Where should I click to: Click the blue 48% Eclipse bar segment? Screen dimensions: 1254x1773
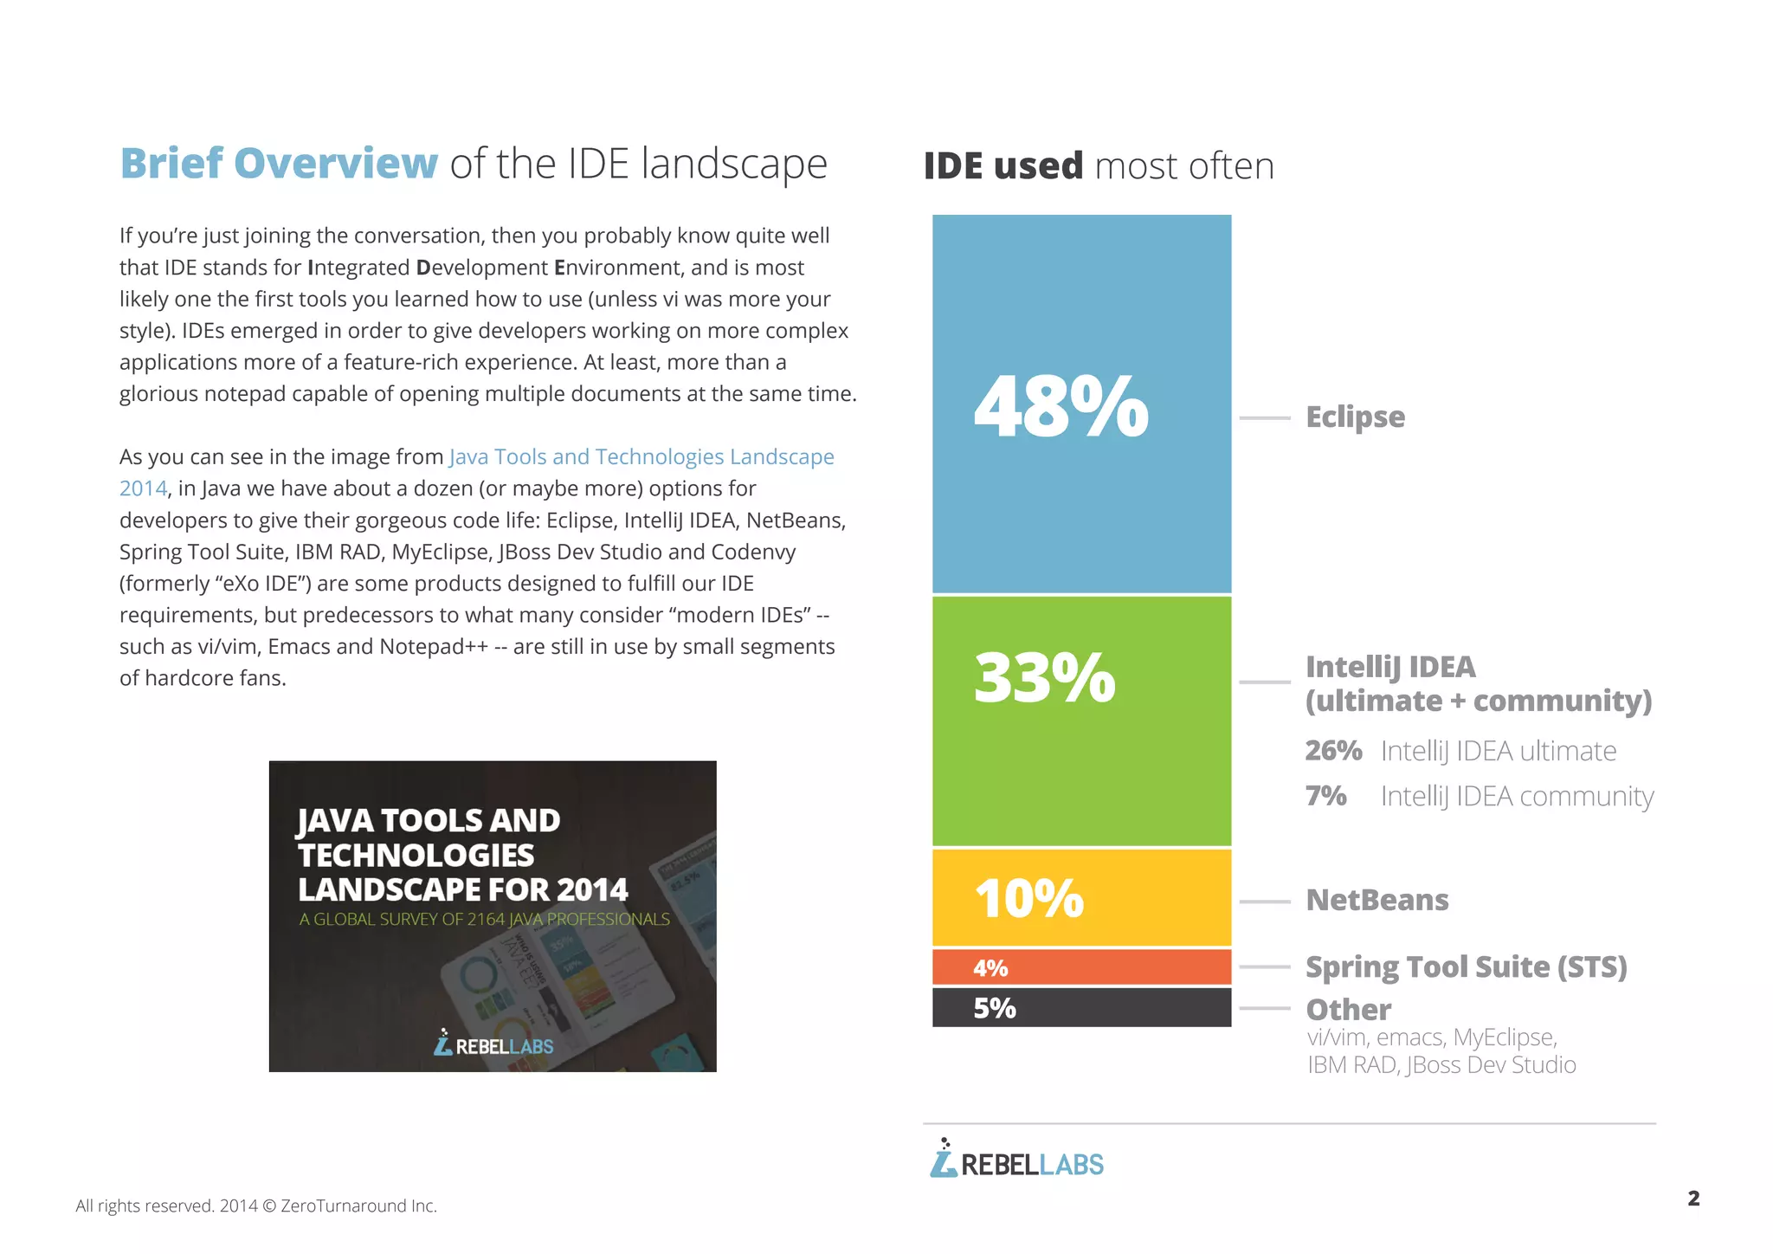pyautogui.click(x=1080, y=404)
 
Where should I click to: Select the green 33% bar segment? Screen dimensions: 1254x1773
pyautogui.click(x=1080, y=721)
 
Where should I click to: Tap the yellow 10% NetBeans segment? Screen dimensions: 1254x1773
pyautogui.click(x=1080, y=897)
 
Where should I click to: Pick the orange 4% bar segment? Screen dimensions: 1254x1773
pyautogui.click(x=1080, y=967)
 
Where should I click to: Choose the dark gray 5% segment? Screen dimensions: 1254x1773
pyautogui.click(x=1080, y=1007)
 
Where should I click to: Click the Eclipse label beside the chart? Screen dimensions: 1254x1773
pyautogui.click(x=1355, y=417)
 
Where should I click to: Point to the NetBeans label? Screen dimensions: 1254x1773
pyautogui.click(x=1376, y=900)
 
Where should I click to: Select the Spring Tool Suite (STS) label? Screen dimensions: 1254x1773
pyautogui.click(x=1466, y=966)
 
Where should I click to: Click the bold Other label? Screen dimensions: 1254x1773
pyautogui.click(x=1348, y=1010)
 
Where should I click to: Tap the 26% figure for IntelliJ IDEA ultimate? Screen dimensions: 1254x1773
pyautogui.click(x=1333, y=750)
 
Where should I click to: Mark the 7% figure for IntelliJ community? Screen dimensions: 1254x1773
pyautogui.click(x=1325, y=795)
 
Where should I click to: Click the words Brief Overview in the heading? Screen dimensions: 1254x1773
pyautogui.click(x=279, y=164)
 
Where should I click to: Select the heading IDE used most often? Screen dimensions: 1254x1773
pyautogui.click(x=1099, y=165)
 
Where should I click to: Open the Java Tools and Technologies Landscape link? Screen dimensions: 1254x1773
pyautogui.click(x=641, y=456)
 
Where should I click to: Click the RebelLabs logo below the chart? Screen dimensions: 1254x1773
pyautogui.click(x=1016, y=1160)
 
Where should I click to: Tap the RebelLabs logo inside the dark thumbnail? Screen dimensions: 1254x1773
pyautogui.click(x=493, y=1044)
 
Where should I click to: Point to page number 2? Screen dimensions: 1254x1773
pyautogui.click(x=1693, y=1199)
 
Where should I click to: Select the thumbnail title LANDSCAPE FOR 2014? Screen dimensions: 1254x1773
pyautogui.click(x=463, y=889)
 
